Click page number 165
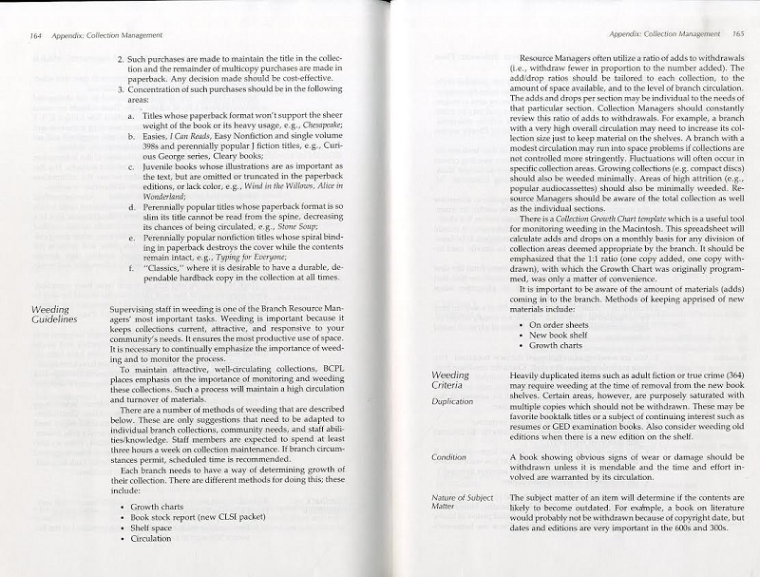tap(735, 35)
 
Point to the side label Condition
tap(448, 458)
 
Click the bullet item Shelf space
tap(152, 528)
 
